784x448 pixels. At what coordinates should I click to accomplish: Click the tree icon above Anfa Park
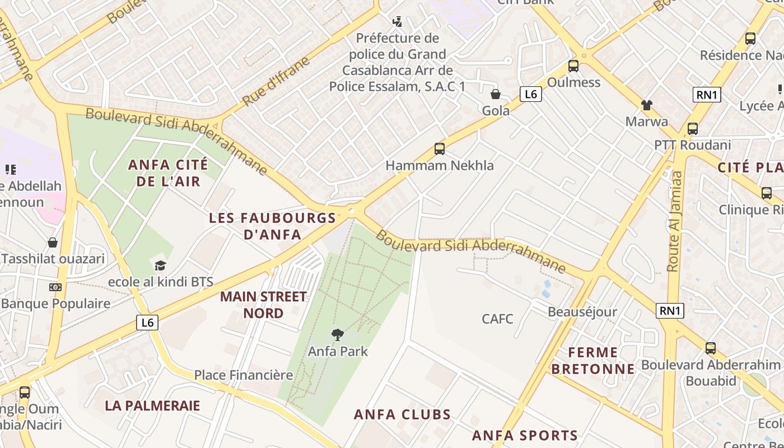pos(337,335)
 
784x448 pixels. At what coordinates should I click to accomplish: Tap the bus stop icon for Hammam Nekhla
pos(440,149)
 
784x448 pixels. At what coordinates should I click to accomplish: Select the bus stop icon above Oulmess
pos(573,66)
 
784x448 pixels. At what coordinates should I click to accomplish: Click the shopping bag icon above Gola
pos(496,94)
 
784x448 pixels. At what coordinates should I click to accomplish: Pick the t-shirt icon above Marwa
pos(647,105)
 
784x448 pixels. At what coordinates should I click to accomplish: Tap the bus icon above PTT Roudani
pos(693,128)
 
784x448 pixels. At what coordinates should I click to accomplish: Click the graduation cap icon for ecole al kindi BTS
pos(161,265)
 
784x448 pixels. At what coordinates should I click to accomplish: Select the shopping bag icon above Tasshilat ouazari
pos(53,242)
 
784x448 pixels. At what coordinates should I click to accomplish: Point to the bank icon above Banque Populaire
pos(55,287)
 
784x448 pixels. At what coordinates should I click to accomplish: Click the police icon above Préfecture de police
pos(397,22)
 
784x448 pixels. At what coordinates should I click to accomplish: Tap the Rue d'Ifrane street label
pos(276,82)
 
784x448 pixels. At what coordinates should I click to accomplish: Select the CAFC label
pos(497,319)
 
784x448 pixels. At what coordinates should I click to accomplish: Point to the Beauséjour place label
pos(582,312)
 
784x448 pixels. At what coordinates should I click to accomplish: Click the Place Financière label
pos(244,375)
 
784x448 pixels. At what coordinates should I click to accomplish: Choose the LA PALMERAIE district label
pos(152,405)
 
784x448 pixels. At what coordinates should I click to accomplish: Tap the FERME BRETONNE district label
pos(593,361)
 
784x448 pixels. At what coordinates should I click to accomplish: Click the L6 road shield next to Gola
pos(530,94)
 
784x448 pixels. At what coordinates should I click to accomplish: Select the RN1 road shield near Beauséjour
pos(670,311)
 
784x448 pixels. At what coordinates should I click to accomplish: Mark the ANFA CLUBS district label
pos(402,414)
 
